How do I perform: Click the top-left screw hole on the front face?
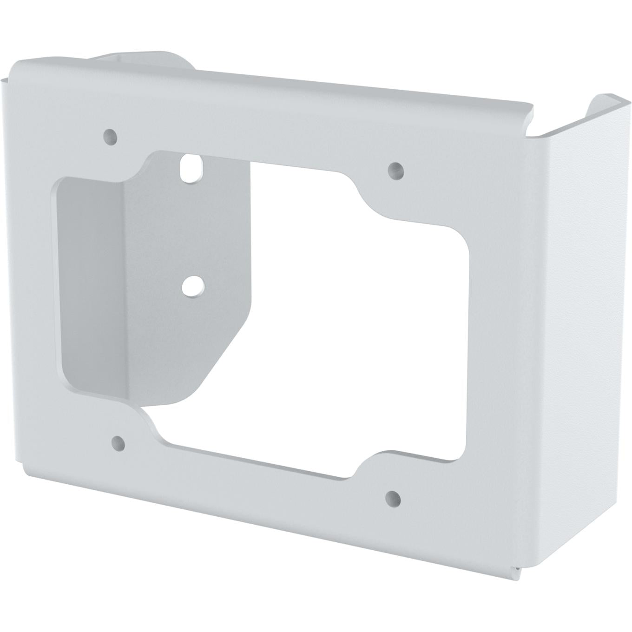click(110, 136)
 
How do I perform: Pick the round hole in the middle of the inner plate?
click(191, 287)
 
